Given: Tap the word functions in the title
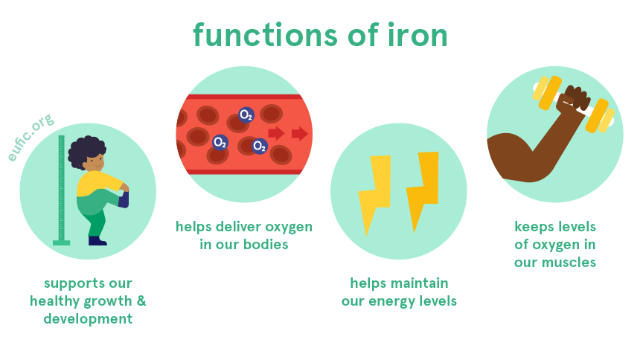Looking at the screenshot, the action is [266, 35].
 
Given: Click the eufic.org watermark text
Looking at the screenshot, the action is [31, 138].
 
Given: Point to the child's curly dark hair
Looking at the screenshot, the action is [86, 151].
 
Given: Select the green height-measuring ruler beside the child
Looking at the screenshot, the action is [61, 190].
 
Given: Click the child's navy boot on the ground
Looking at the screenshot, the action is [97, 241].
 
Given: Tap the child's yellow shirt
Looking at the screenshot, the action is [98, 184].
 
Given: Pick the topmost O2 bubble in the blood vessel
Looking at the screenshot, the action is [246, 115].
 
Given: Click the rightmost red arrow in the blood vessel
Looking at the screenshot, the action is [300, 133].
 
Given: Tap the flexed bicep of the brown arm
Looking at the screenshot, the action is [512, 157].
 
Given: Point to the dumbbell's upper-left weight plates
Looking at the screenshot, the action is [547, 92].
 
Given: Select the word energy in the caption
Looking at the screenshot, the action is [389, 302].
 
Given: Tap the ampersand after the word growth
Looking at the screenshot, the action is [141, 300].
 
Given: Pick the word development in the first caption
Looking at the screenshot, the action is [88, 319].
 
